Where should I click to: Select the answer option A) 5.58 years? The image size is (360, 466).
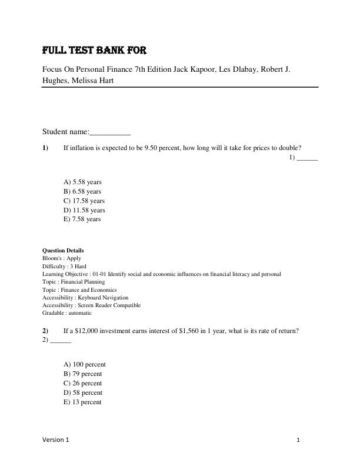tap(82, 182)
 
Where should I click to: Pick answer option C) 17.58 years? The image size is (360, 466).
tap(84, 201)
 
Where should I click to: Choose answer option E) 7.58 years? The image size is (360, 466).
tap(82, 219)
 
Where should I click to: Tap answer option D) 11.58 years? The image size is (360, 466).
tap(84, 210)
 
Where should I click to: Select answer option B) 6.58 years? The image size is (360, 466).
tap(82, 191)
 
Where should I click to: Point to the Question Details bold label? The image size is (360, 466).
tap(63, 250)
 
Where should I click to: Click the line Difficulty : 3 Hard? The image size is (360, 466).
tap(64, 266)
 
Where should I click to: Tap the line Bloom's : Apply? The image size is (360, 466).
tap(62, 258)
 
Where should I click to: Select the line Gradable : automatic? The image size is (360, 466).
tap(67, 313)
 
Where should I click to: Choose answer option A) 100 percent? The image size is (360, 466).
tap(84, 364)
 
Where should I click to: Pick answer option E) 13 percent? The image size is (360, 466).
tap(82, 402)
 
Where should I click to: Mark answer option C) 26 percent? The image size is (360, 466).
tap(82, 383)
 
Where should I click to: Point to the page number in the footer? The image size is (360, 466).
tap(299, 440)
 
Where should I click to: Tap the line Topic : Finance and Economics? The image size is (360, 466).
tap(79, 289)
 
